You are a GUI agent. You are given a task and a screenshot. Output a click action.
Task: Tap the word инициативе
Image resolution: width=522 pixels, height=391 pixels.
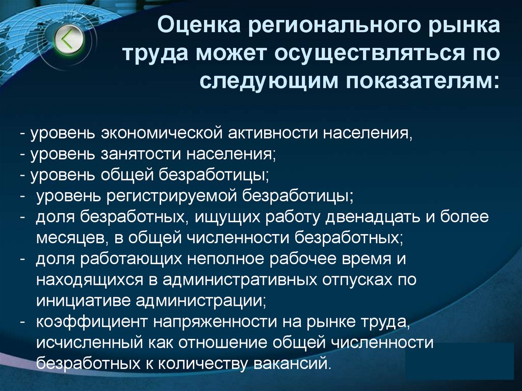click(81, 300)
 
